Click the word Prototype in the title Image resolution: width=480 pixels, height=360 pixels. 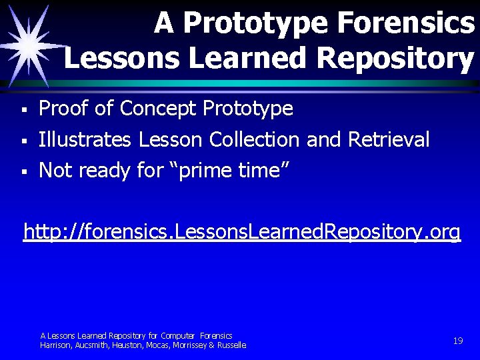255,24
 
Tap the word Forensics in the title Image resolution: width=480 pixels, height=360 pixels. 405,24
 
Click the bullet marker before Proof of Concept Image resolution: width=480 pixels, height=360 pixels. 23,109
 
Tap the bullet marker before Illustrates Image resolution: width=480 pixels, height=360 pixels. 23,141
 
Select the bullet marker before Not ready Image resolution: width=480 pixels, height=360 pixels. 23,172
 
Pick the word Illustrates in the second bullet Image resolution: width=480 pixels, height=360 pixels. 85,139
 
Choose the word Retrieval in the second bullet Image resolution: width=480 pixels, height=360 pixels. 388,139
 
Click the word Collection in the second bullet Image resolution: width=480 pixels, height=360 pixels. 254,139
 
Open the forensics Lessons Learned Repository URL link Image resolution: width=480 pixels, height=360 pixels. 241,232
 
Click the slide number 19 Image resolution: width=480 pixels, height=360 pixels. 457,341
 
